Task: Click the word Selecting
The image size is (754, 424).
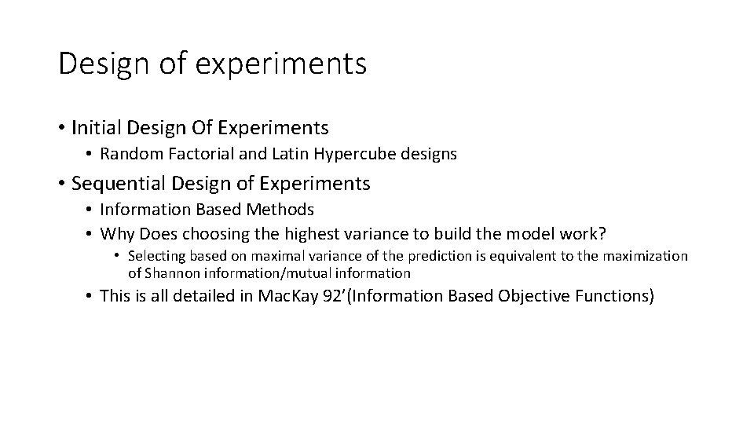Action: (x=155, y=256)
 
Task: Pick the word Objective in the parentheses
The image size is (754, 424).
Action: (x=529, y=297)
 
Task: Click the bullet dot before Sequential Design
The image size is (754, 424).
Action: (x=61, y=185)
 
